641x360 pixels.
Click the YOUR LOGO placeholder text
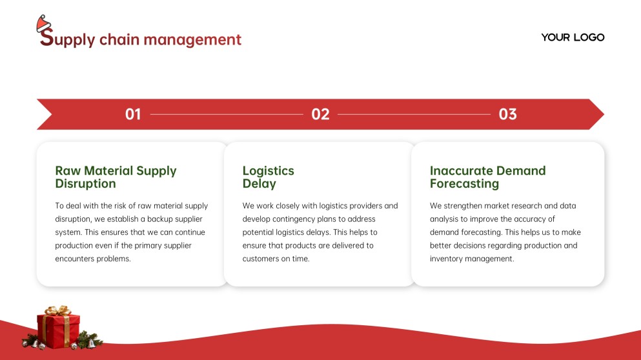[573, 37]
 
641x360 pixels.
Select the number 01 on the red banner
[133, 114]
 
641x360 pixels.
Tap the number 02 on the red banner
[320, 114]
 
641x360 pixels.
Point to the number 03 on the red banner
[508, 114]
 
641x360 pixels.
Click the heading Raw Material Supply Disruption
[116, 177]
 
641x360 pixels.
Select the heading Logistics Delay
[268, 177]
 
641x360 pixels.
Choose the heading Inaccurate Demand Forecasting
[488, 177]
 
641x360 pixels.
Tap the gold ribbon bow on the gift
[58, 310]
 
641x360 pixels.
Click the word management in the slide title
[192, 40]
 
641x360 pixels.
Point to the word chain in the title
[119, 39]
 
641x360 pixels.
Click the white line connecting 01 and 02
[227, 114]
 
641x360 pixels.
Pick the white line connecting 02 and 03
[414, 114]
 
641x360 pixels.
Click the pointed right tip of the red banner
[604, 114]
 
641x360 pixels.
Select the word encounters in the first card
[73, 259]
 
